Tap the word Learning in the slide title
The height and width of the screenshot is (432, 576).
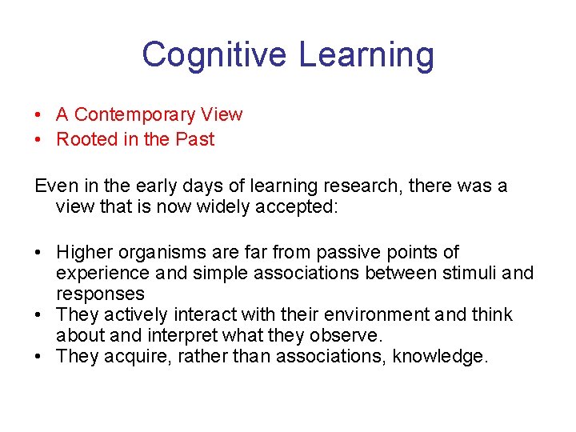366,55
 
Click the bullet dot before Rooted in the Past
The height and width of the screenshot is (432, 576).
39,139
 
